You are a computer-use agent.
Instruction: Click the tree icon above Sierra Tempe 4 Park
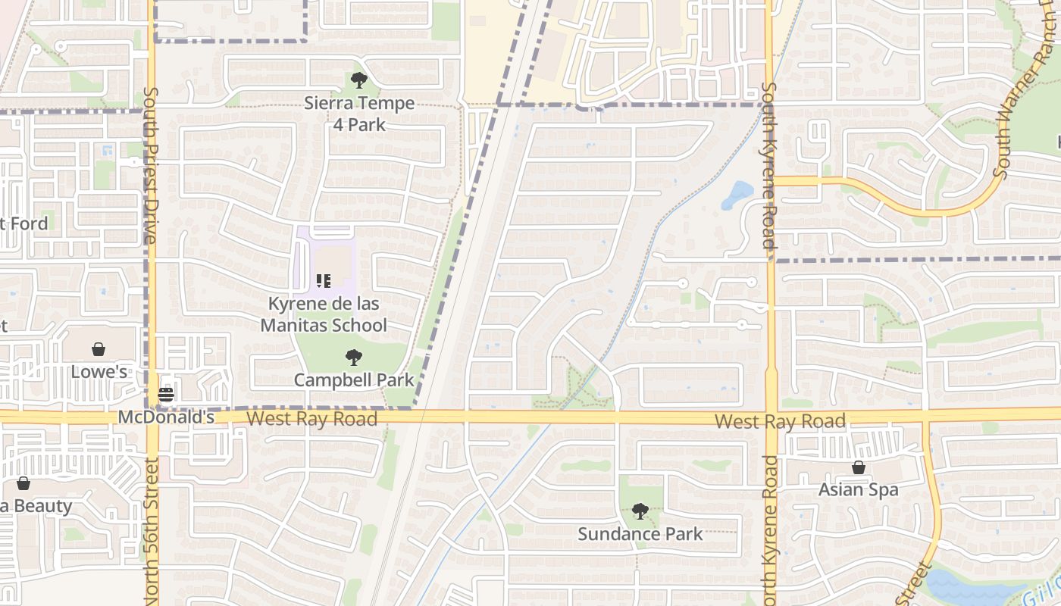(359, 80)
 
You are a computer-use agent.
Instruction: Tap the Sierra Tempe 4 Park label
(359, 113)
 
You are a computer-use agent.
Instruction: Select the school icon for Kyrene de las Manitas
(324, 281)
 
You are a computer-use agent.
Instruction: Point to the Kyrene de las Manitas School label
(324, 314)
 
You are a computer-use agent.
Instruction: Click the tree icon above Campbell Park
(353, 357)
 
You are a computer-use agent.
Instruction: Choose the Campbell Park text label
(353, 380)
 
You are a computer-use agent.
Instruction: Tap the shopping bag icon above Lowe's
(99, 348)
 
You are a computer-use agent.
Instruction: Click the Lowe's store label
(99, 372)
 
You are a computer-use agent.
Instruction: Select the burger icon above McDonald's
(166, 394)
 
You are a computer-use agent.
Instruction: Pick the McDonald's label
(166, 417)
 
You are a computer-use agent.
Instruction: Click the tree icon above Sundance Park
(640, 511)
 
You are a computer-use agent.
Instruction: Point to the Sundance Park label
(640, 534)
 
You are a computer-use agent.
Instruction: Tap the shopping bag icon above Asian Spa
(859, 467)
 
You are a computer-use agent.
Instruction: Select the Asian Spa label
(859, 490)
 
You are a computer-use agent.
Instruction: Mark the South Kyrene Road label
(768, 167)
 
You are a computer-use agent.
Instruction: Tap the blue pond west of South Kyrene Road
(737, 195)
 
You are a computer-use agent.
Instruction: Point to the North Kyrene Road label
(770, 530)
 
